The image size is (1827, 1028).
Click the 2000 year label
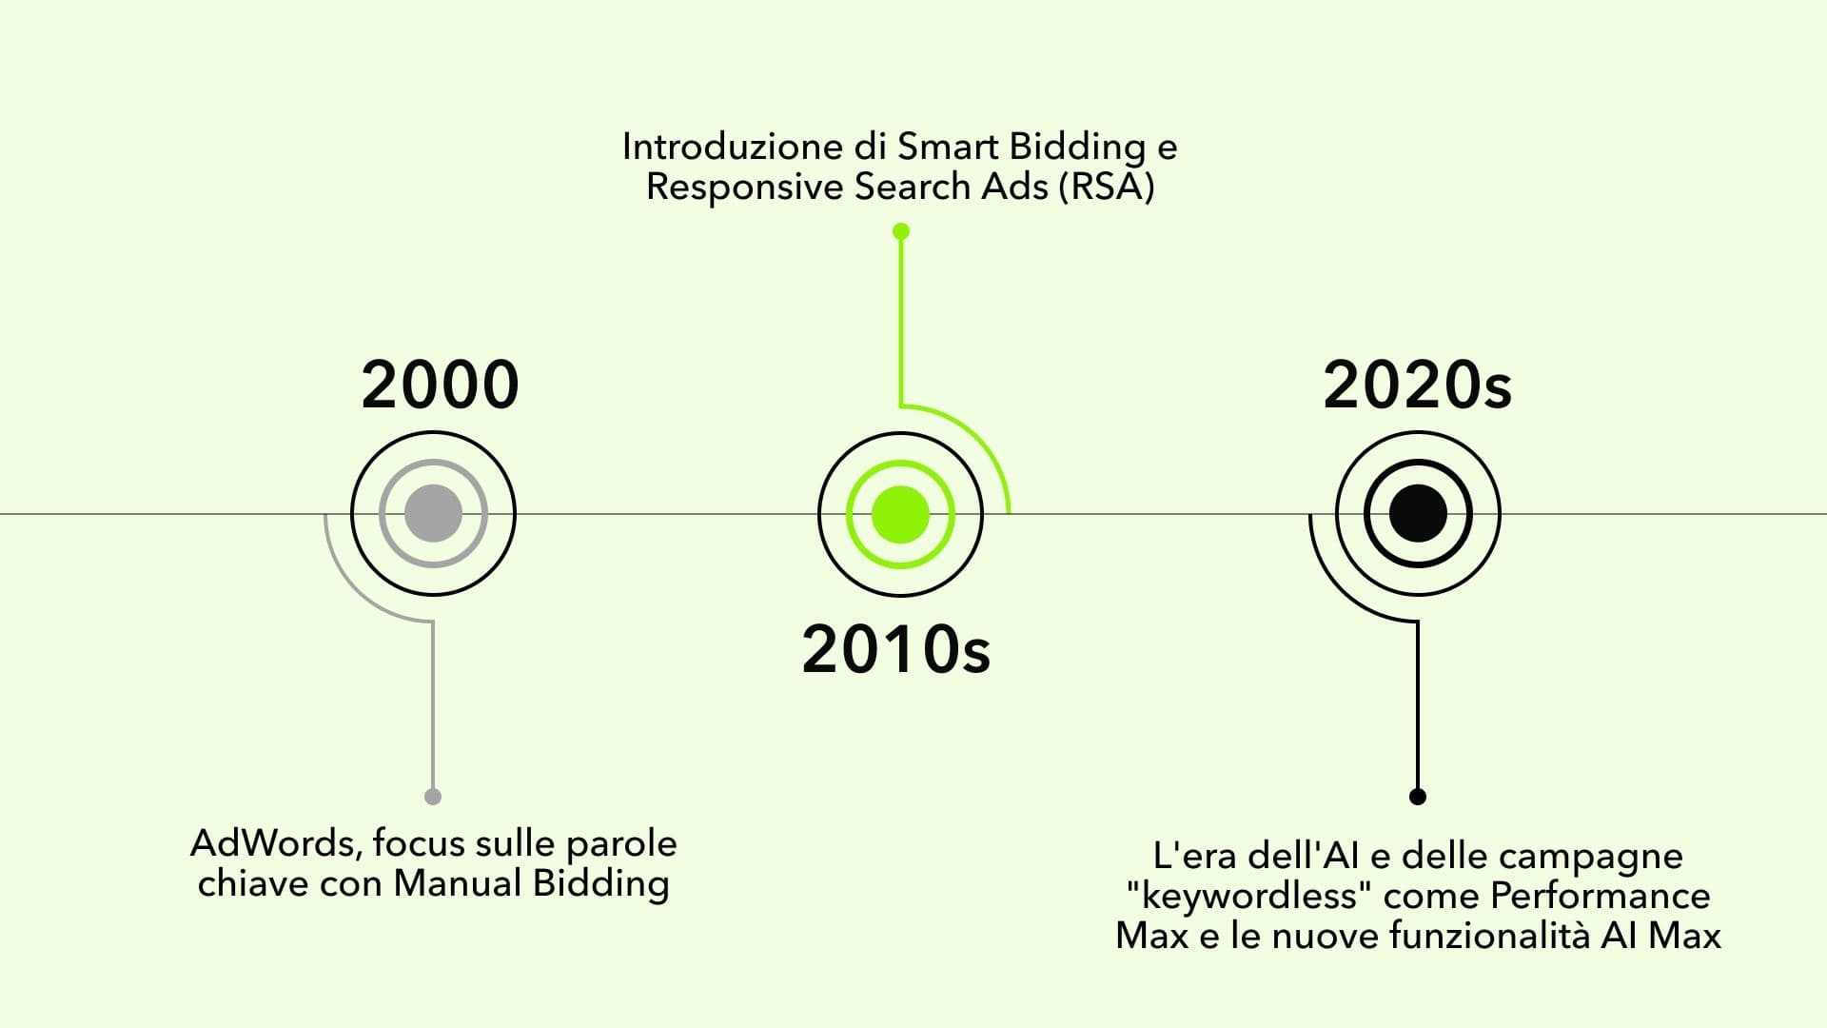(441, 385)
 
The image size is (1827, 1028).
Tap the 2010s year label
(896, 650)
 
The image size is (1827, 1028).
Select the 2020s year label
(1417, 385)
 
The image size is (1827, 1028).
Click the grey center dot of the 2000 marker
(433, 514)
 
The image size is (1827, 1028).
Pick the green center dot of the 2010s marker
(900, 514)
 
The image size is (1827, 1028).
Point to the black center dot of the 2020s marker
(1418, 514)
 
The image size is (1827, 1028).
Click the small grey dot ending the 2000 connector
(433, 797)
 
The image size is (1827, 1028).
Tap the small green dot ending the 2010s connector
(901, 231)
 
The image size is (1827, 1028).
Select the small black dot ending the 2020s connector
(1418, 797)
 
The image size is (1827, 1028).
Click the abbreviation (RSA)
(1106, 187)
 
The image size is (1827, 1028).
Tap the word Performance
(1600, 897)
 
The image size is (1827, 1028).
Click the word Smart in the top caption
(948, 147)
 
